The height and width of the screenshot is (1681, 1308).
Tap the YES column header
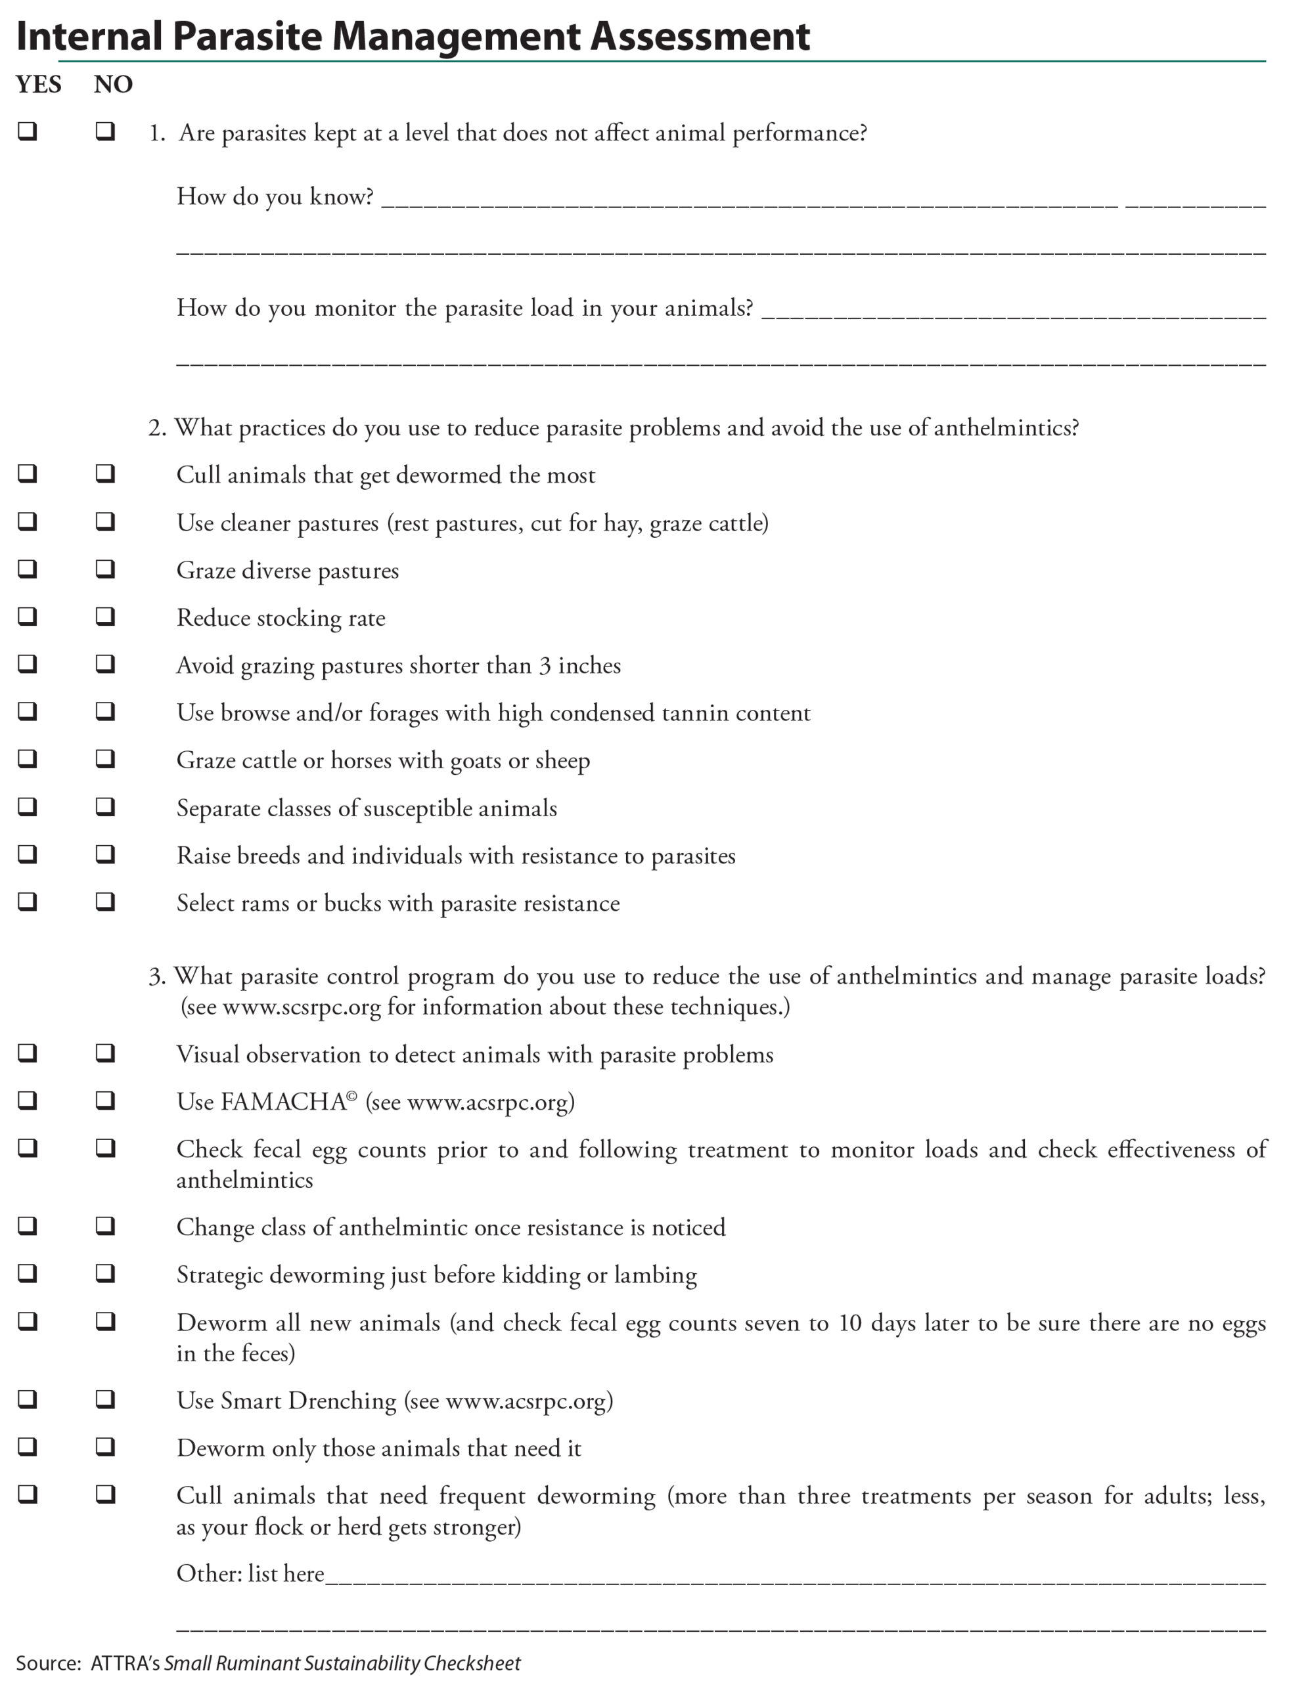coord(39,84)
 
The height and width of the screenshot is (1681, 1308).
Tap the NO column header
coord(113,84)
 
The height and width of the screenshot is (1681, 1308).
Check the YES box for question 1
coord(28,131)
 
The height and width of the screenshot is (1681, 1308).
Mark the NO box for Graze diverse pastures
coord(106,569)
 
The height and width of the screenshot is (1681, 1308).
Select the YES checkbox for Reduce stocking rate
coord(28,616)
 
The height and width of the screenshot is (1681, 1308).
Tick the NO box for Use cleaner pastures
coord(106,521)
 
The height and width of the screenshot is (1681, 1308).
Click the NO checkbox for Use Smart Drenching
coord(106,1399)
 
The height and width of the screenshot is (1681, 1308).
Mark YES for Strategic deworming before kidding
coord(28,1273)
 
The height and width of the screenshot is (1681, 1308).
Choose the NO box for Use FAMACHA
coord(106,1100)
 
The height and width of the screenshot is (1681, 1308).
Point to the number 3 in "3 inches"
coord(545,666)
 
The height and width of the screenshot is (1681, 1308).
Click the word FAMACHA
coord(283,1102)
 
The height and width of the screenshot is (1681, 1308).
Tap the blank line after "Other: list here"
coord(793,1578)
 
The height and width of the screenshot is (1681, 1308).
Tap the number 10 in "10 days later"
coord(850,1323)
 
